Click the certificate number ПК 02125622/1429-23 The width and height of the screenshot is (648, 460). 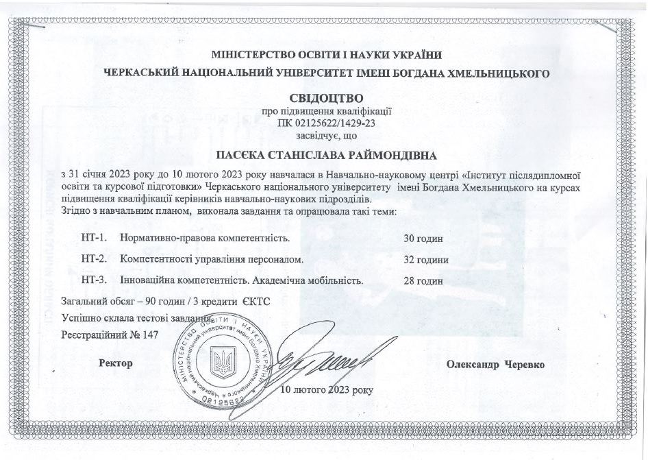326,124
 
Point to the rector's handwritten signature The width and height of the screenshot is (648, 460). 322,356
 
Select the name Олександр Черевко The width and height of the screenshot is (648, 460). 495,365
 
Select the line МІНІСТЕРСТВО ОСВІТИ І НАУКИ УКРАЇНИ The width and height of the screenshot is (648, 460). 326,55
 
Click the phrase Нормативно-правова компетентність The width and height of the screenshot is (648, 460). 205,239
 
